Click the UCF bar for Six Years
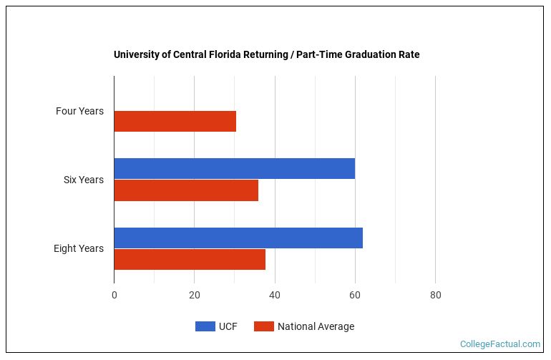click(234, 168)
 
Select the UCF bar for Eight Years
click(238, 238)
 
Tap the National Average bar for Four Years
click(175, 122)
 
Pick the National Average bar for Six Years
click(186, 190)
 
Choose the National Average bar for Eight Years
click(190, 259)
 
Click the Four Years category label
click(79, 111)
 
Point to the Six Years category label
click(83, 180)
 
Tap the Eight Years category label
click(78, 248)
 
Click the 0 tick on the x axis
click(114, 294)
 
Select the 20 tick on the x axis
click(194, 294)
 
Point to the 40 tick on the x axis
click(274, 294)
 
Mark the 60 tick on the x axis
click(355, 294)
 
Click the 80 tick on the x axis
click(435, 294)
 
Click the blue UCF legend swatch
click(205, 326)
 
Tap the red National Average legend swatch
click(264, 326)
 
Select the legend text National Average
click(316, 326)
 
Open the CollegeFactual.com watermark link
click(499, 344)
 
